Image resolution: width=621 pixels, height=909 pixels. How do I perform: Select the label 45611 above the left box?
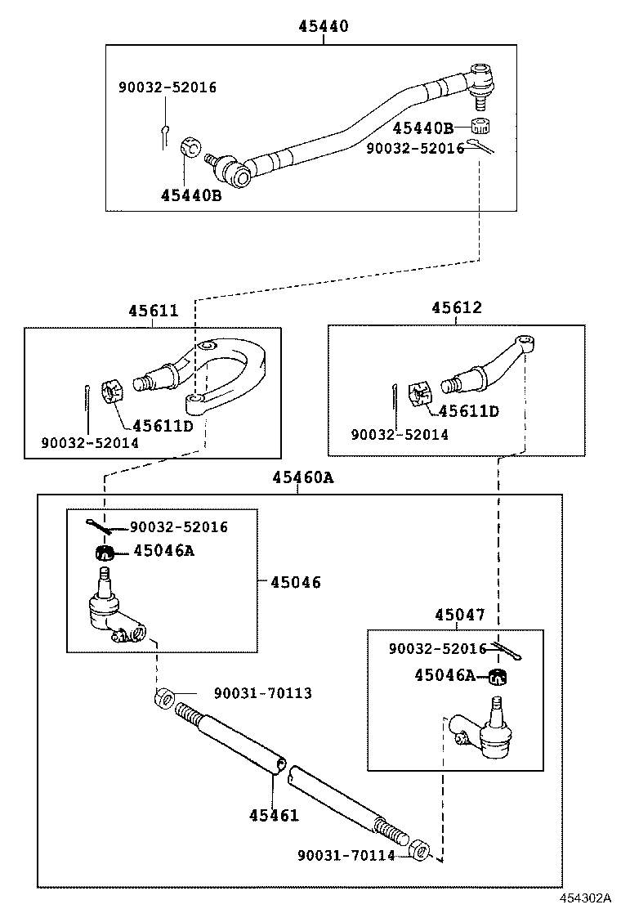click(x=152, y=311)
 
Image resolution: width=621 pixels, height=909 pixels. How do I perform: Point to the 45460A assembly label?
click(x=302, y=478)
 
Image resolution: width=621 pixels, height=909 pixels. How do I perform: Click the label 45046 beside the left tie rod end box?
click(x=295, y=582)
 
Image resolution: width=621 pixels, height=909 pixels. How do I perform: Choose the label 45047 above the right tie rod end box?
click(x=459, y=615)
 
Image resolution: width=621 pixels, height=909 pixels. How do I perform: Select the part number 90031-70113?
click(x=262, y=693)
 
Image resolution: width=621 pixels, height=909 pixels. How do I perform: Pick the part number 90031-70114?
click(x=346, y=855)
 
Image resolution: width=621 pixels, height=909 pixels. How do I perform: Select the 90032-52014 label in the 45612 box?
click(x=399, y=435)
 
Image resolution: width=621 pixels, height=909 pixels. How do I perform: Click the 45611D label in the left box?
click(x=163, y=426)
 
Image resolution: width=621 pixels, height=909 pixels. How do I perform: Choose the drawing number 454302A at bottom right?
click(x=585, y=898)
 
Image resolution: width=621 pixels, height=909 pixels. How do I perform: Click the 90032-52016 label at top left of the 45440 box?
click(x=168, y=87)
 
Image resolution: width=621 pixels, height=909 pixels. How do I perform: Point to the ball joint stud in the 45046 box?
click(x=105, y=580)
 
